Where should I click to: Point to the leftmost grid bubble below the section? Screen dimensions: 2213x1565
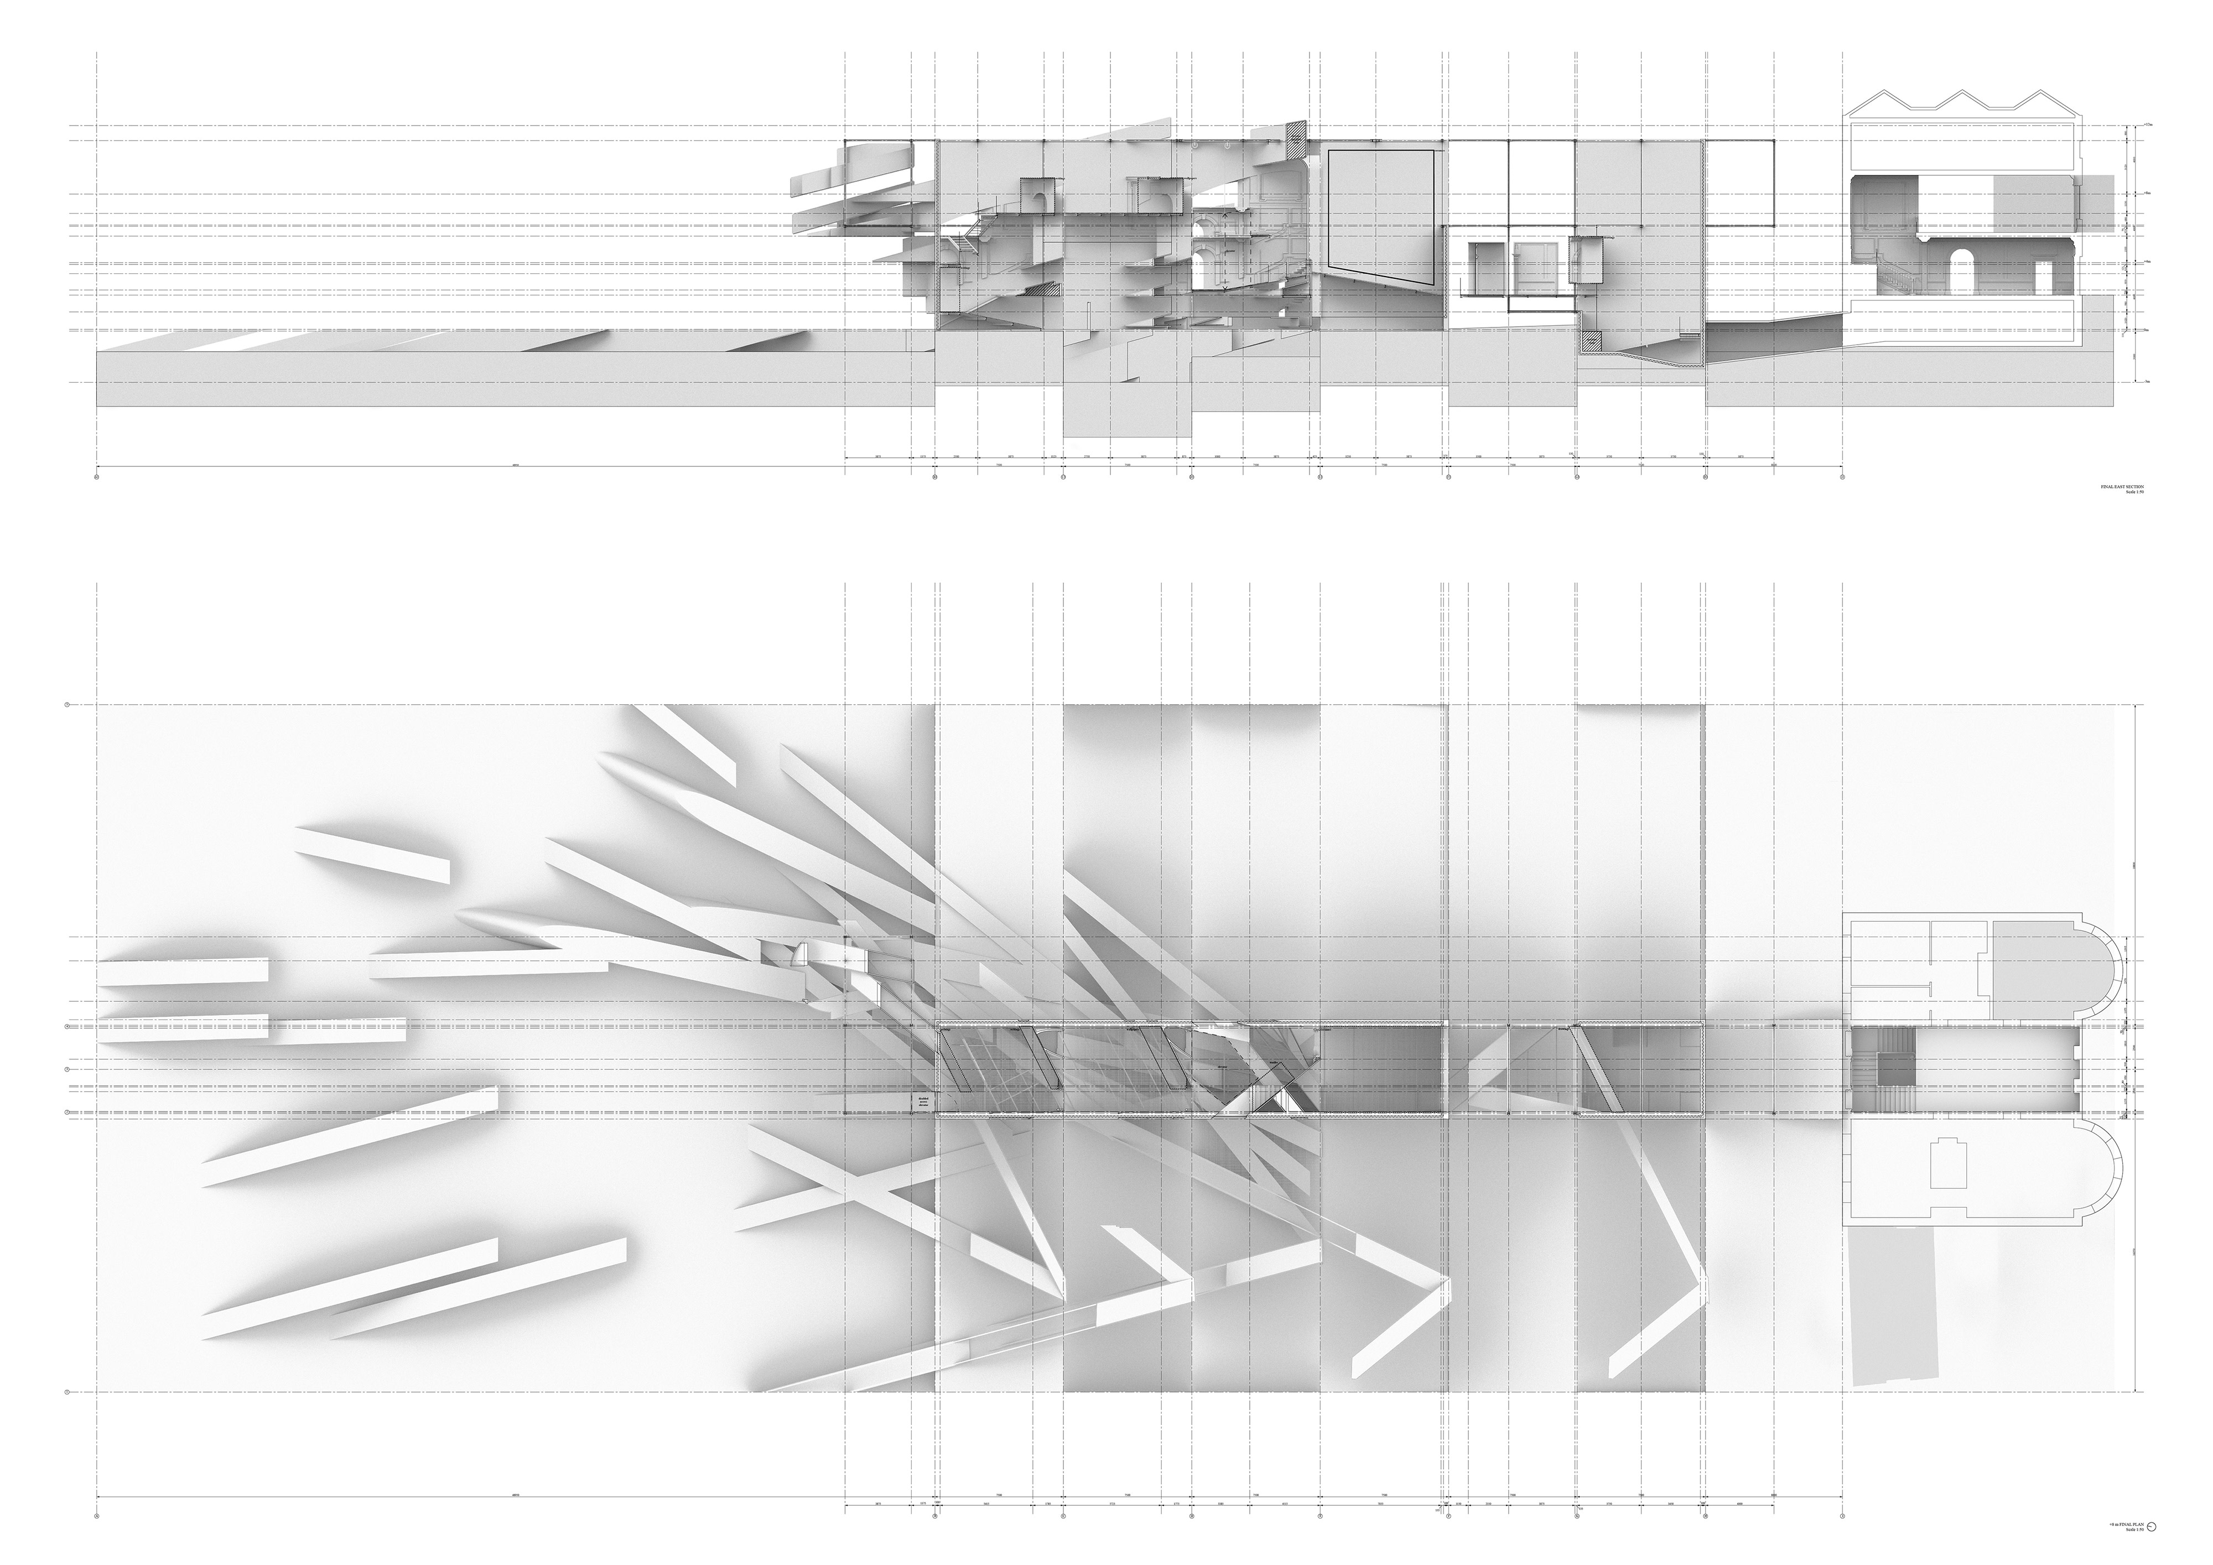pos(97,476)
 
